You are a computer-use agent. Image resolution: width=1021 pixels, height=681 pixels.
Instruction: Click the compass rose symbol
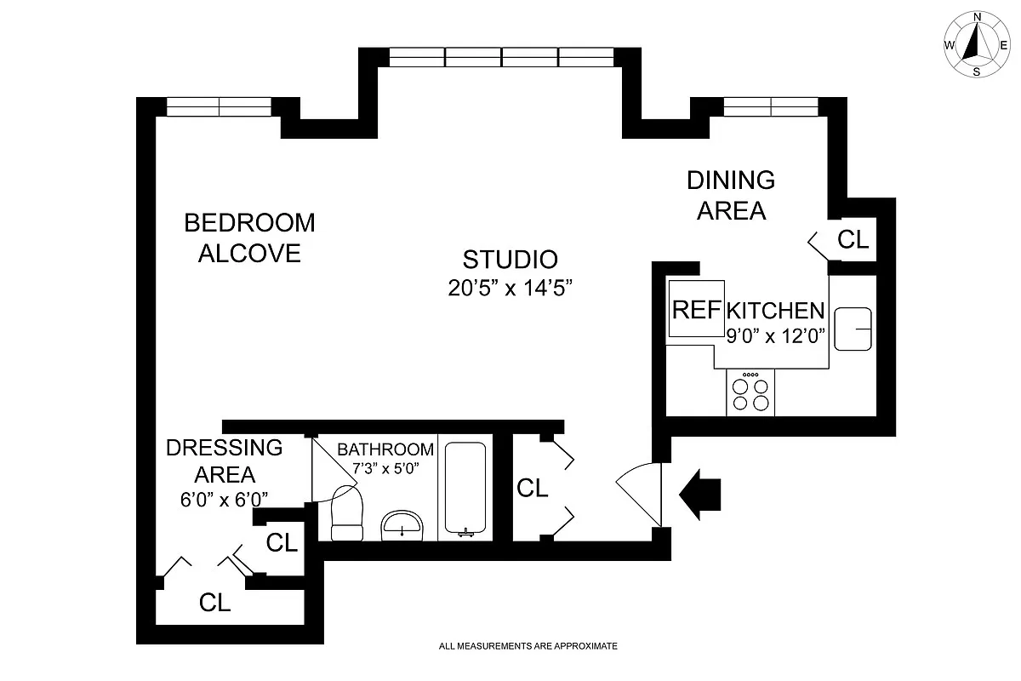976,44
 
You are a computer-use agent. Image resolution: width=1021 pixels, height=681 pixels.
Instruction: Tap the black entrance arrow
700,494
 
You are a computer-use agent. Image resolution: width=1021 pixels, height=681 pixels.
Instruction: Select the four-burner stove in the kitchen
750,393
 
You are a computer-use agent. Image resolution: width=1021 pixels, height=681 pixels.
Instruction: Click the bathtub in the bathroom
465,489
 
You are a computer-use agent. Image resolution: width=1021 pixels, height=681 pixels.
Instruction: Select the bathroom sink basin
401,524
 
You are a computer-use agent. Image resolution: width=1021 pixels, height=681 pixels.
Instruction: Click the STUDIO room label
510,260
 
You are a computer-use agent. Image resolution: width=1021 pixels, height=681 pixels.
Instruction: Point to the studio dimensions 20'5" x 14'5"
510,288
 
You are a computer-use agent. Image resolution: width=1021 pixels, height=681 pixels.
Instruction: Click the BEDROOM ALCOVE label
249,237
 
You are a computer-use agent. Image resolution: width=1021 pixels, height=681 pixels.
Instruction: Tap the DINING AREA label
731,195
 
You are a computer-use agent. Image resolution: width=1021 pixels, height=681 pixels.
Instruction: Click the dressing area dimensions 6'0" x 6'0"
224,501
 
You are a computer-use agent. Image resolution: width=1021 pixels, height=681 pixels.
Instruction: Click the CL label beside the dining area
853,239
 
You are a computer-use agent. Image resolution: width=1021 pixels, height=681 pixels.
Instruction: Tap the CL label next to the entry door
533,488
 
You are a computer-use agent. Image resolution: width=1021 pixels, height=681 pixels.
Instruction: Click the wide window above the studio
501,57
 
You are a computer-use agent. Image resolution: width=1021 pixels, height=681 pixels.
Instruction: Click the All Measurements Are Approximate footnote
528,646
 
